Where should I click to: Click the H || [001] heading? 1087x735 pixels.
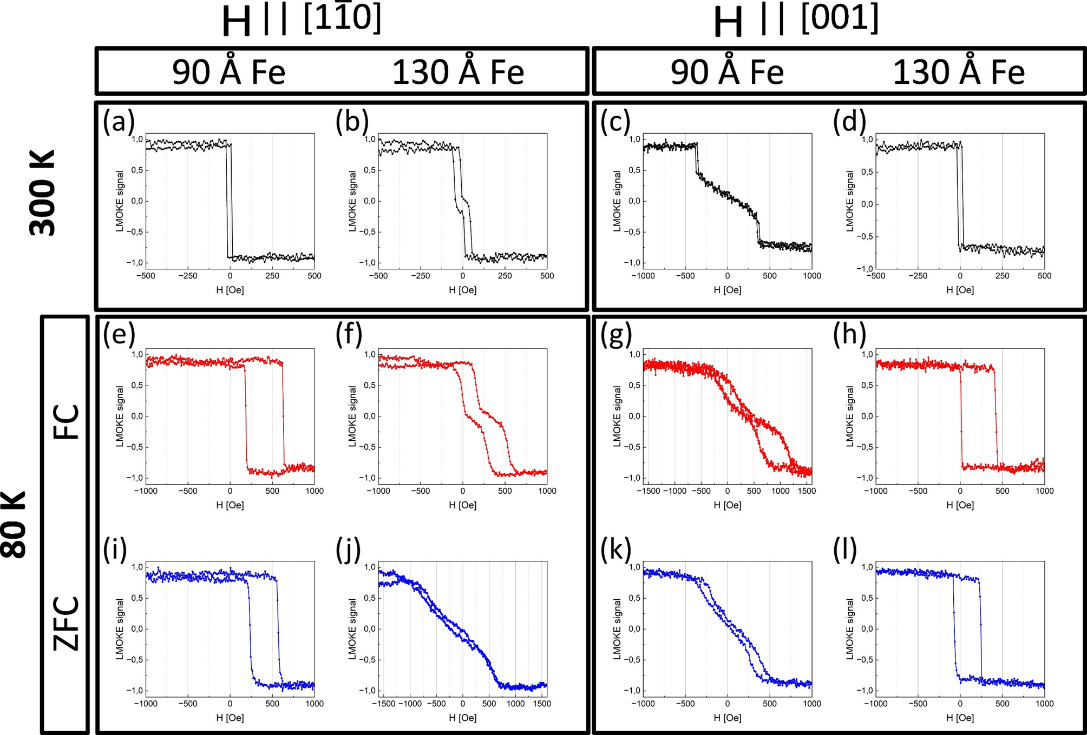[x=796, y=21]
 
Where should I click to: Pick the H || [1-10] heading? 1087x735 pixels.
[x=302, y=21]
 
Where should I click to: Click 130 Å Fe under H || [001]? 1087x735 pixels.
[x=958, y=72]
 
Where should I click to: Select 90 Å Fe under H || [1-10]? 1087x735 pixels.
[x=228, y=72]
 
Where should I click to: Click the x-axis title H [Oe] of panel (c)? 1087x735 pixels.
[x=727, y=290]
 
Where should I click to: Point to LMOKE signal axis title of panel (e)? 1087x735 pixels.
[x=120, y=416]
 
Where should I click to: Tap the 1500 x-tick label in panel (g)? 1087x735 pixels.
[x=807, y=491]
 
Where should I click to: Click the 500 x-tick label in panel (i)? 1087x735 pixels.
[x=272, y=704]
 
